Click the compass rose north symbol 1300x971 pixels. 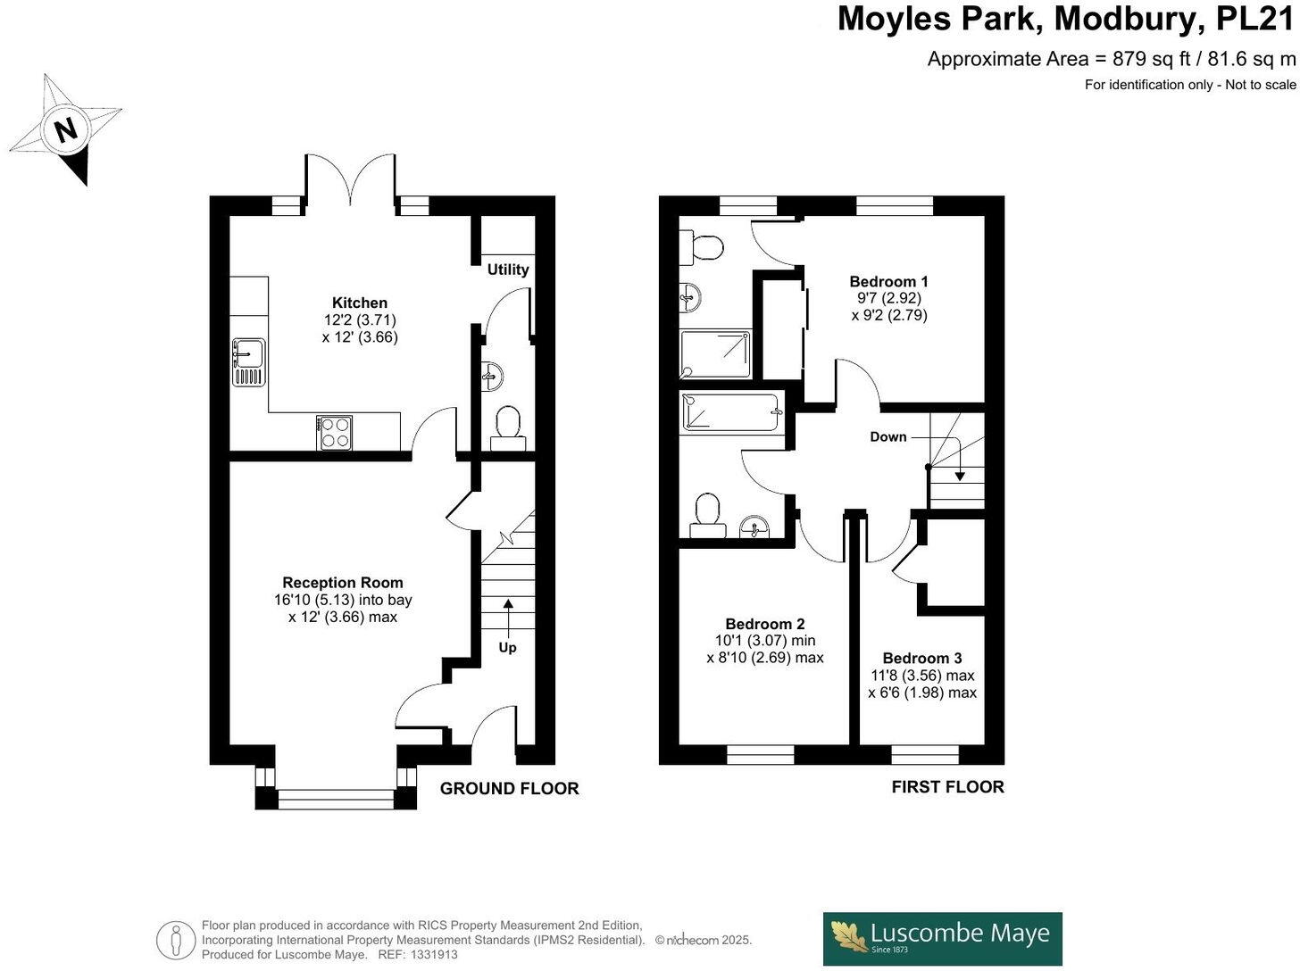click(x=66, y=129)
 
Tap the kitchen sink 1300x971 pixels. click(x=248, y=362)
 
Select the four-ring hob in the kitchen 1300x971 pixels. click(x=335, y=433)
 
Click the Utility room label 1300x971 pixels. click(x=507, y=270)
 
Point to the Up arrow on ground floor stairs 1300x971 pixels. click(x=507, y=616)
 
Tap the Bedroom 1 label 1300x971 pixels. click(x=888, y=281)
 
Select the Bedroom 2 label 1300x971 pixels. click(x=764, y=624)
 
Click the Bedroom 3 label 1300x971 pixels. click(x=922, y=658)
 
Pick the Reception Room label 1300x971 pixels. click(x=343, y=583)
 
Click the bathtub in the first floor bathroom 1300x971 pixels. click(x=730, y=413)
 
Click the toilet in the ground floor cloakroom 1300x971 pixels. click(x=507, y=425)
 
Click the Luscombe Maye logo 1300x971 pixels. click(x=942, y=938)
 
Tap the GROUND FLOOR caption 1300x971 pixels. click(x=509, y=788)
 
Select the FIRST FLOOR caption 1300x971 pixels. click(x=947, y=786)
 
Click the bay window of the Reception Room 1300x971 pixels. click(x=336, y=798)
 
